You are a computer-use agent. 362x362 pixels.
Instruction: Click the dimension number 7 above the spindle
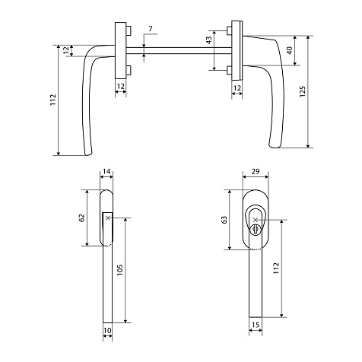tap(151, 29)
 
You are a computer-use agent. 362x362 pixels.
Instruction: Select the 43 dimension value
tap(209, 40)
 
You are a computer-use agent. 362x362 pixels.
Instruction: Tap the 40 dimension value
tap(290, 50)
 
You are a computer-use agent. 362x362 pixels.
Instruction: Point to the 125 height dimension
tap(303, 91)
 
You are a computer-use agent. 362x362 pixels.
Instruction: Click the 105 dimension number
tap(120, 270)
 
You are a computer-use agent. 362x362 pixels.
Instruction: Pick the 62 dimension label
tap(81, 218)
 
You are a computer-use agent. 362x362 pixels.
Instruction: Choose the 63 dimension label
tap(224, 220)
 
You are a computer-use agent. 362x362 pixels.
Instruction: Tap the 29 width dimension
tap(256, 172)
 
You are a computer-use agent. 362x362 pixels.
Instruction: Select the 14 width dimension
tap(106, 172)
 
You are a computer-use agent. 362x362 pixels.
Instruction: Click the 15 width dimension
tap(256, 325)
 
